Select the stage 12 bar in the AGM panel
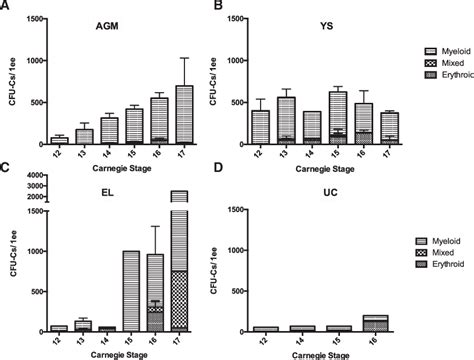point(59,141)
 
